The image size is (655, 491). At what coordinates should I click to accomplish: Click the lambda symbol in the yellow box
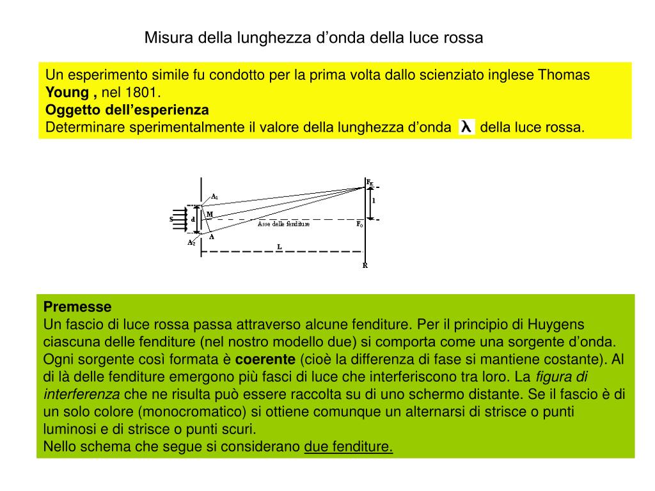[x=467, y=127]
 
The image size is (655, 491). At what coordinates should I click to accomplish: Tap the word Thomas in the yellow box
[x=564, y=75]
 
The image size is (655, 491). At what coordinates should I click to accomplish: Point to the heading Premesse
[x=77, y=306]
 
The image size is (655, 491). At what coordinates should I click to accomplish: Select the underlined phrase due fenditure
[x=349, y=446]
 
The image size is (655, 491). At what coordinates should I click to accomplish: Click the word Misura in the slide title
[x=164, y=38]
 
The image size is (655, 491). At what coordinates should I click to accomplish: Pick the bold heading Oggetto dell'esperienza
[x=127, y=109]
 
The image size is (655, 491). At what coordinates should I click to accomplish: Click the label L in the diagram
[x=280, y=246]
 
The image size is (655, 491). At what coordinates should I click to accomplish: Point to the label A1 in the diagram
[x=215, y=196]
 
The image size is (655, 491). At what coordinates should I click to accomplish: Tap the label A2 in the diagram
[x=191, y=242]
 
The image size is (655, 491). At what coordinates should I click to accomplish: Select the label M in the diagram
[x=210, y=214]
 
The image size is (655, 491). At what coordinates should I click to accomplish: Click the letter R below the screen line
[x=365, y=265]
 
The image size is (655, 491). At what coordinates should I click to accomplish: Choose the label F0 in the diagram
[x=359, y=224]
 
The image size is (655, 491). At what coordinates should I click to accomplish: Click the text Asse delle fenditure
[x=283, y=224]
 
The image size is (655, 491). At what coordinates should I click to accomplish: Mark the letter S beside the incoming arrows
[x=171, y=219]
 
